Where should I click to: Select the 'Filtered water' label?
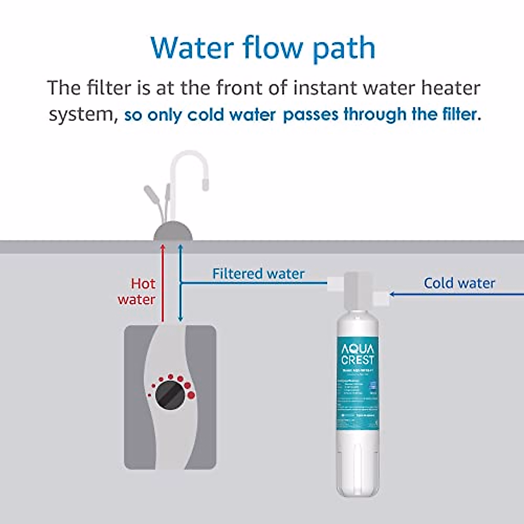pos(258,274)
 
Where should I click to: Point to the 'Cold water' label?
pos(459,283)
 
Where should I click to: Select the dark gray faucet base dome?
pos(173,232)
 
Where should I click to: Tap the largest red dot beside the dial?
pos(191,396)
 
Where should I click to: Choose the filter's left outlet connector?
pos(335,283)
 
